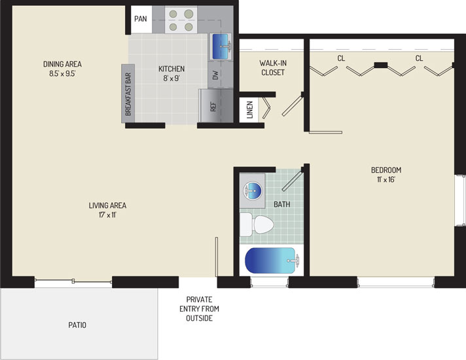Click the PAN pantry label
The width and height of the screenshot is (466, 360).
click(x=141, y=19)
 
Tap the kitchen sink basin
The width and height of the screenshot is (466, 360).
click(x=220, y=46)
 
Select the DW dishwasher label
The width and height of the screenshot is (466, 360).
click(x=215, y=75)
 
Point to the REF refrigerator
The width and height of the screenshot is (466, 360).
click(x=216, y=105)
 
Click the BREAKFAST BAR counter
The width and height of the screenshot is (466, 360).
click(x=128, y=94)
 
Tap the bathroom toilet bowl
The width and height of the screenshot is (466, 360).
click(x=264, y=225)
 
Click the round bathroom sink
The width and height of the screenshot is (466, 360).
click(x=253, y=190)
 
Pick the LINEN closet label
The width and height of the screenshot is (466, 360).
click(x=249, y=110)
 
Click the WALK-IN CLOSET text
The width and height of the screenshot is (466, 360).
click(x=273, y=68)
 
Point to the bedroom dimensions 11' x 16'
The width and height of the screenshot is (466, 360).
click(x=386, y=179)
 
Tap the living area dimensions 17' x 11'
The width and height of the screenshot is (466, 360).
click(x=107, y=215)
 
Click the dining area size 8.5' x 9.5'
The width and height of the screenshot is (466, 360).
click(x=62, y=73)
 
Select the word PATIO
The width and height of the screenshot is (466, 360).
click(x=77, y=325)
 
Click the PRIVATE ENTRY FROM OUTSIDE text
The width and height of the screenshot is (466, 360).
click(x=199, y=308)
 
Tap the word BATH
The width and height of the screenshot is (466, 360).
click(x=281, y=204)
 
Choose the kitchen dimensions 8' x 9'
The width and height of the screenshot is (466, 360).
click(x=171, y=78)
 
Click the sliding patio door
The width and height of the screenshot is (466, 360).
click(x=73, y=281)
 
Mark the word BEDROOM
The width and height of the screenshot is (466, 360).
click(x=386, y=170)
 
